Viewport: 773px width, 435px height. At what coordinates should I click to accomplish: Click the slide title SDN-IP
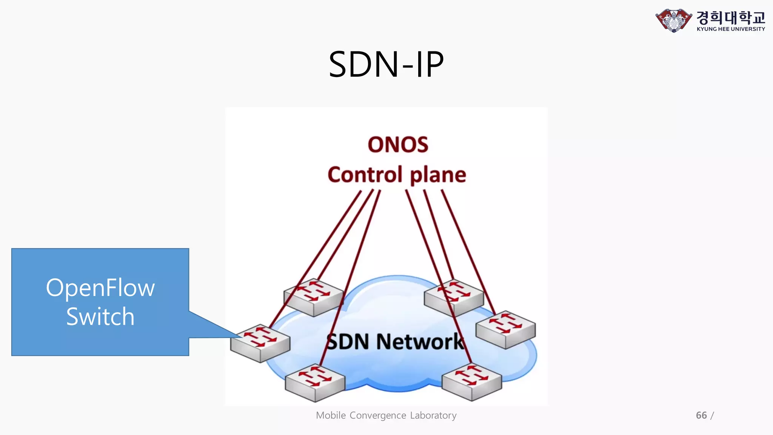point(386,65)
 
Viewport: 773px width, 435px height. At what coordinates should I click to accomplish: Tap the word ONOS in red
point(398,145)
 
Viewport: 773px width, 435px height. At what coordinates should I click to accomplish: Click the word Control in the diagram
point(365,175)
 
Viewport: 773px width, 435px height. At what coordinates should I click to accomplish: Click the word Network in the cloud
point(420,342)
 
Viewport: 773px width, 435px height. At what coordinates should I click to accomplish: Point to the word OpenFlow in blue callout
point(100,288)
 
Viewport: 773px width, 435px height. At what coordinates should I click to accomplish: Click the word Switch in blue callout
point(100,316)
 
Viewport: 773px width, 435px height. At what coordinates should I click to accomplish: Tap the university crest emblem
point(674,20)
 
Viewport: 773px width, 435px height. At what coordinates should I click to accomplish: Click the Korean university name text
point(731,17)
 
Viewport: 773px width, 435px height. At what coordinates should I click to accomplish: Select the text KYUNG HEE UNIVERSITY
point(731,29)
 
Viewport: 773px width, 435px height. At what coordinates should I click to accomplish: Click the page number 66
point(701,415)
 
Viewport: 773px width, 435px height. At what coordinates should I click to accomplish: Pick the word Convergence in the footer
point(377,415)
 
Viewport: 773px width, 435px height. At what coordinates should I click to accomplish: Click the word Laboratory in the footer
point(433,415)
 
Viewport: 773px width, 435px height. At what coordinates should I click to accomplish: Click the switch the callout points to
point(260,343)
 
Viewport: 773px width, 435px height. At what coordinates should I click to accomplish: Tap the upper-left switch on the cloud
point(313,298)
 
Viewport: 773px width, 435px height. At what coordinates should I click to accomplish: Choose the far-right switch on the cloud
point(505,330)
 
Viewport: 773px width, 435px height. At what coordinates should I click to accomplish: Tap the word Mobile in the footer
point(331,415)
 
